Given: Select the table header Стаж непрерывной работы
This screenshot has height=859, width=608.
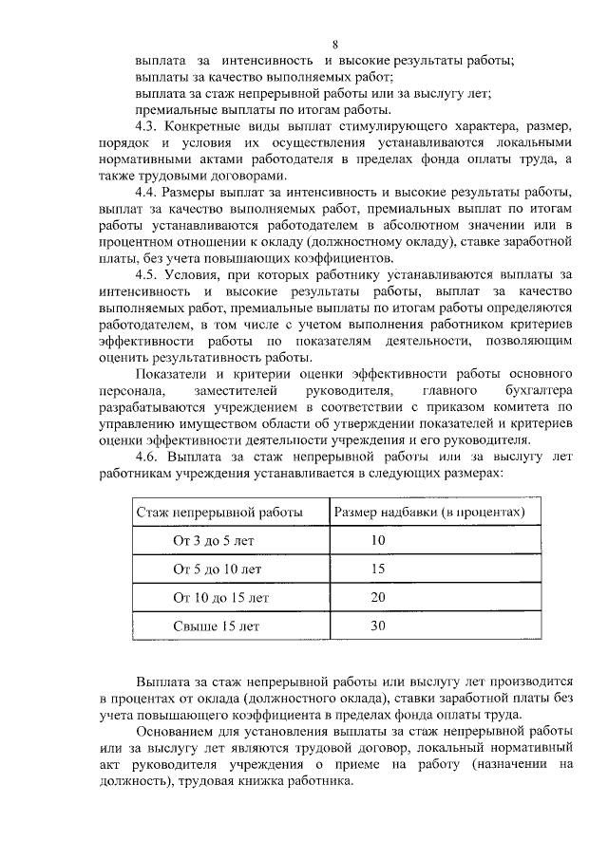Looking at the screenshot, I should [219, 512].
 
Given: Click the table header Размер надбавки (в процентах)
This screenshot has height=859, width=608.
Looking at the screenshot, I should [429, 512].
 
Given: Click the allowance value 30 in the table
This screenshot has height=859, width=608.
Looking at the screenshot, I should [378, 626].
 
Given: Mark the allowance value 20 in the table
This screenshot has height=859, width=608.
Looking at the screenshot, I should [378, 598].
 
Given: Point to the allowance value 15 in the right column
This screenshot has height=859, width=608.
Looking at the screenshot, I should [378, 570].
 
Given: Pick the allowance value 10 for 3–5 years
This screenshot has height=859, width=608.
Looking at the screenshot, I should [378, 540].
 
